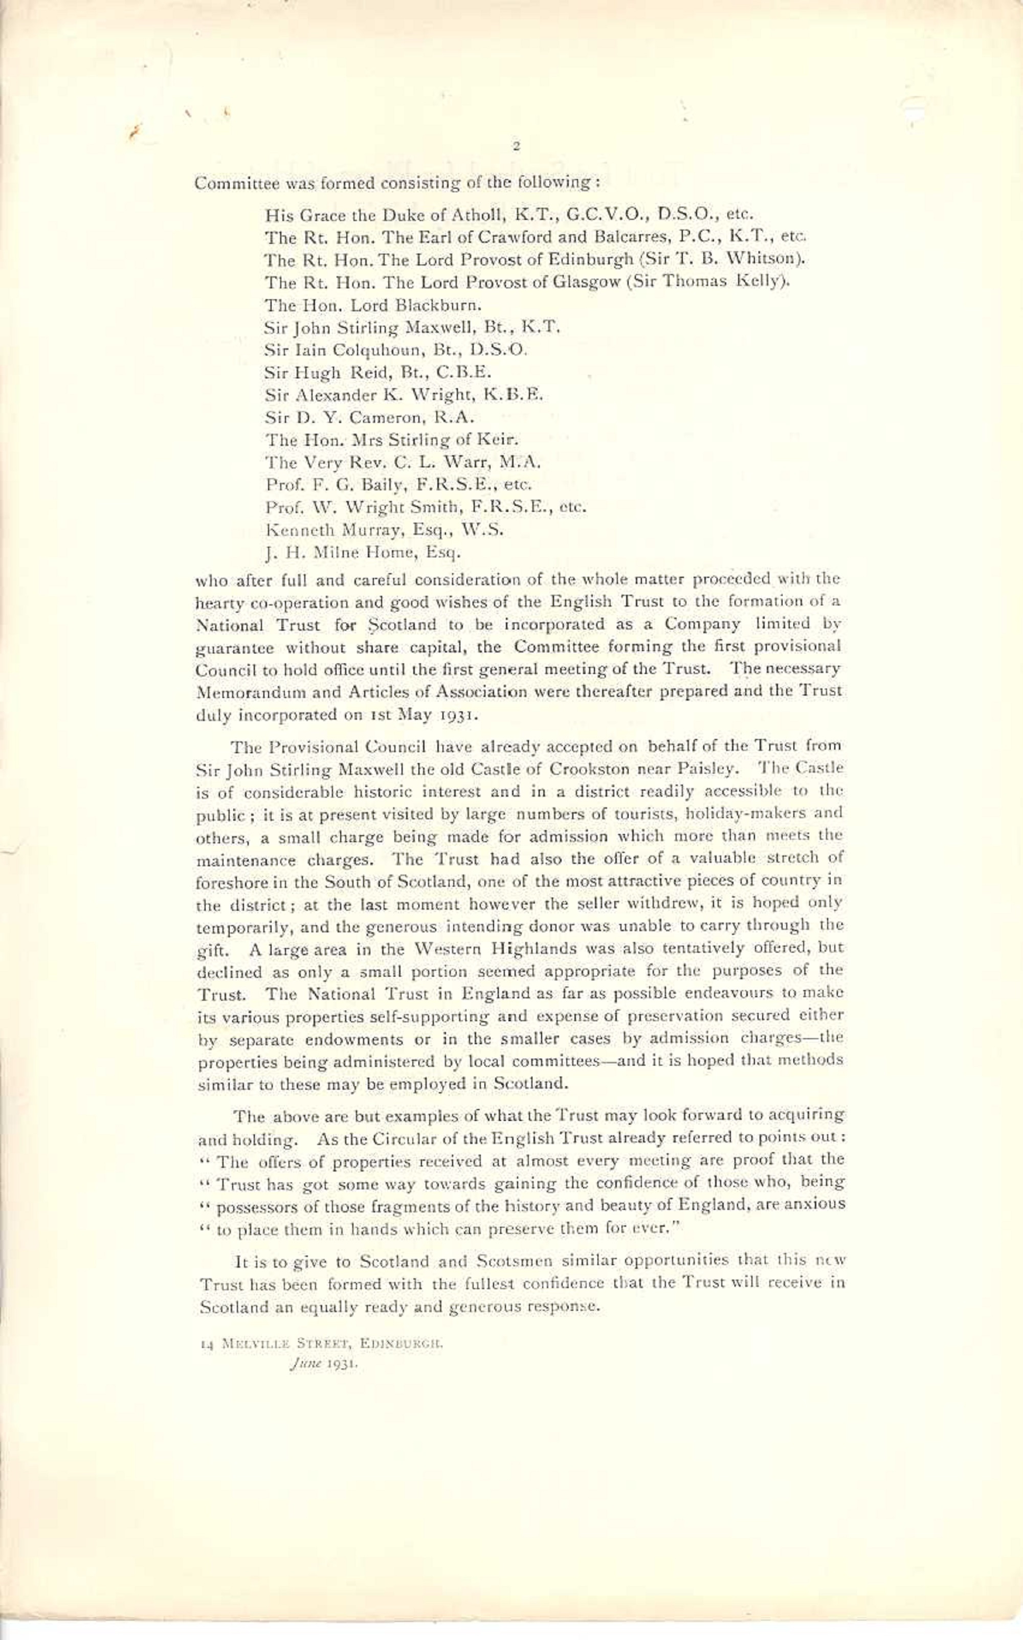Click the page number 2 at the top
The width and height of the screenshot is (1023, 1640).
(516, 145)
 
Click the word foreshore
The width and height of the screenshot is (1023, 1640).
(226, 883)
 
